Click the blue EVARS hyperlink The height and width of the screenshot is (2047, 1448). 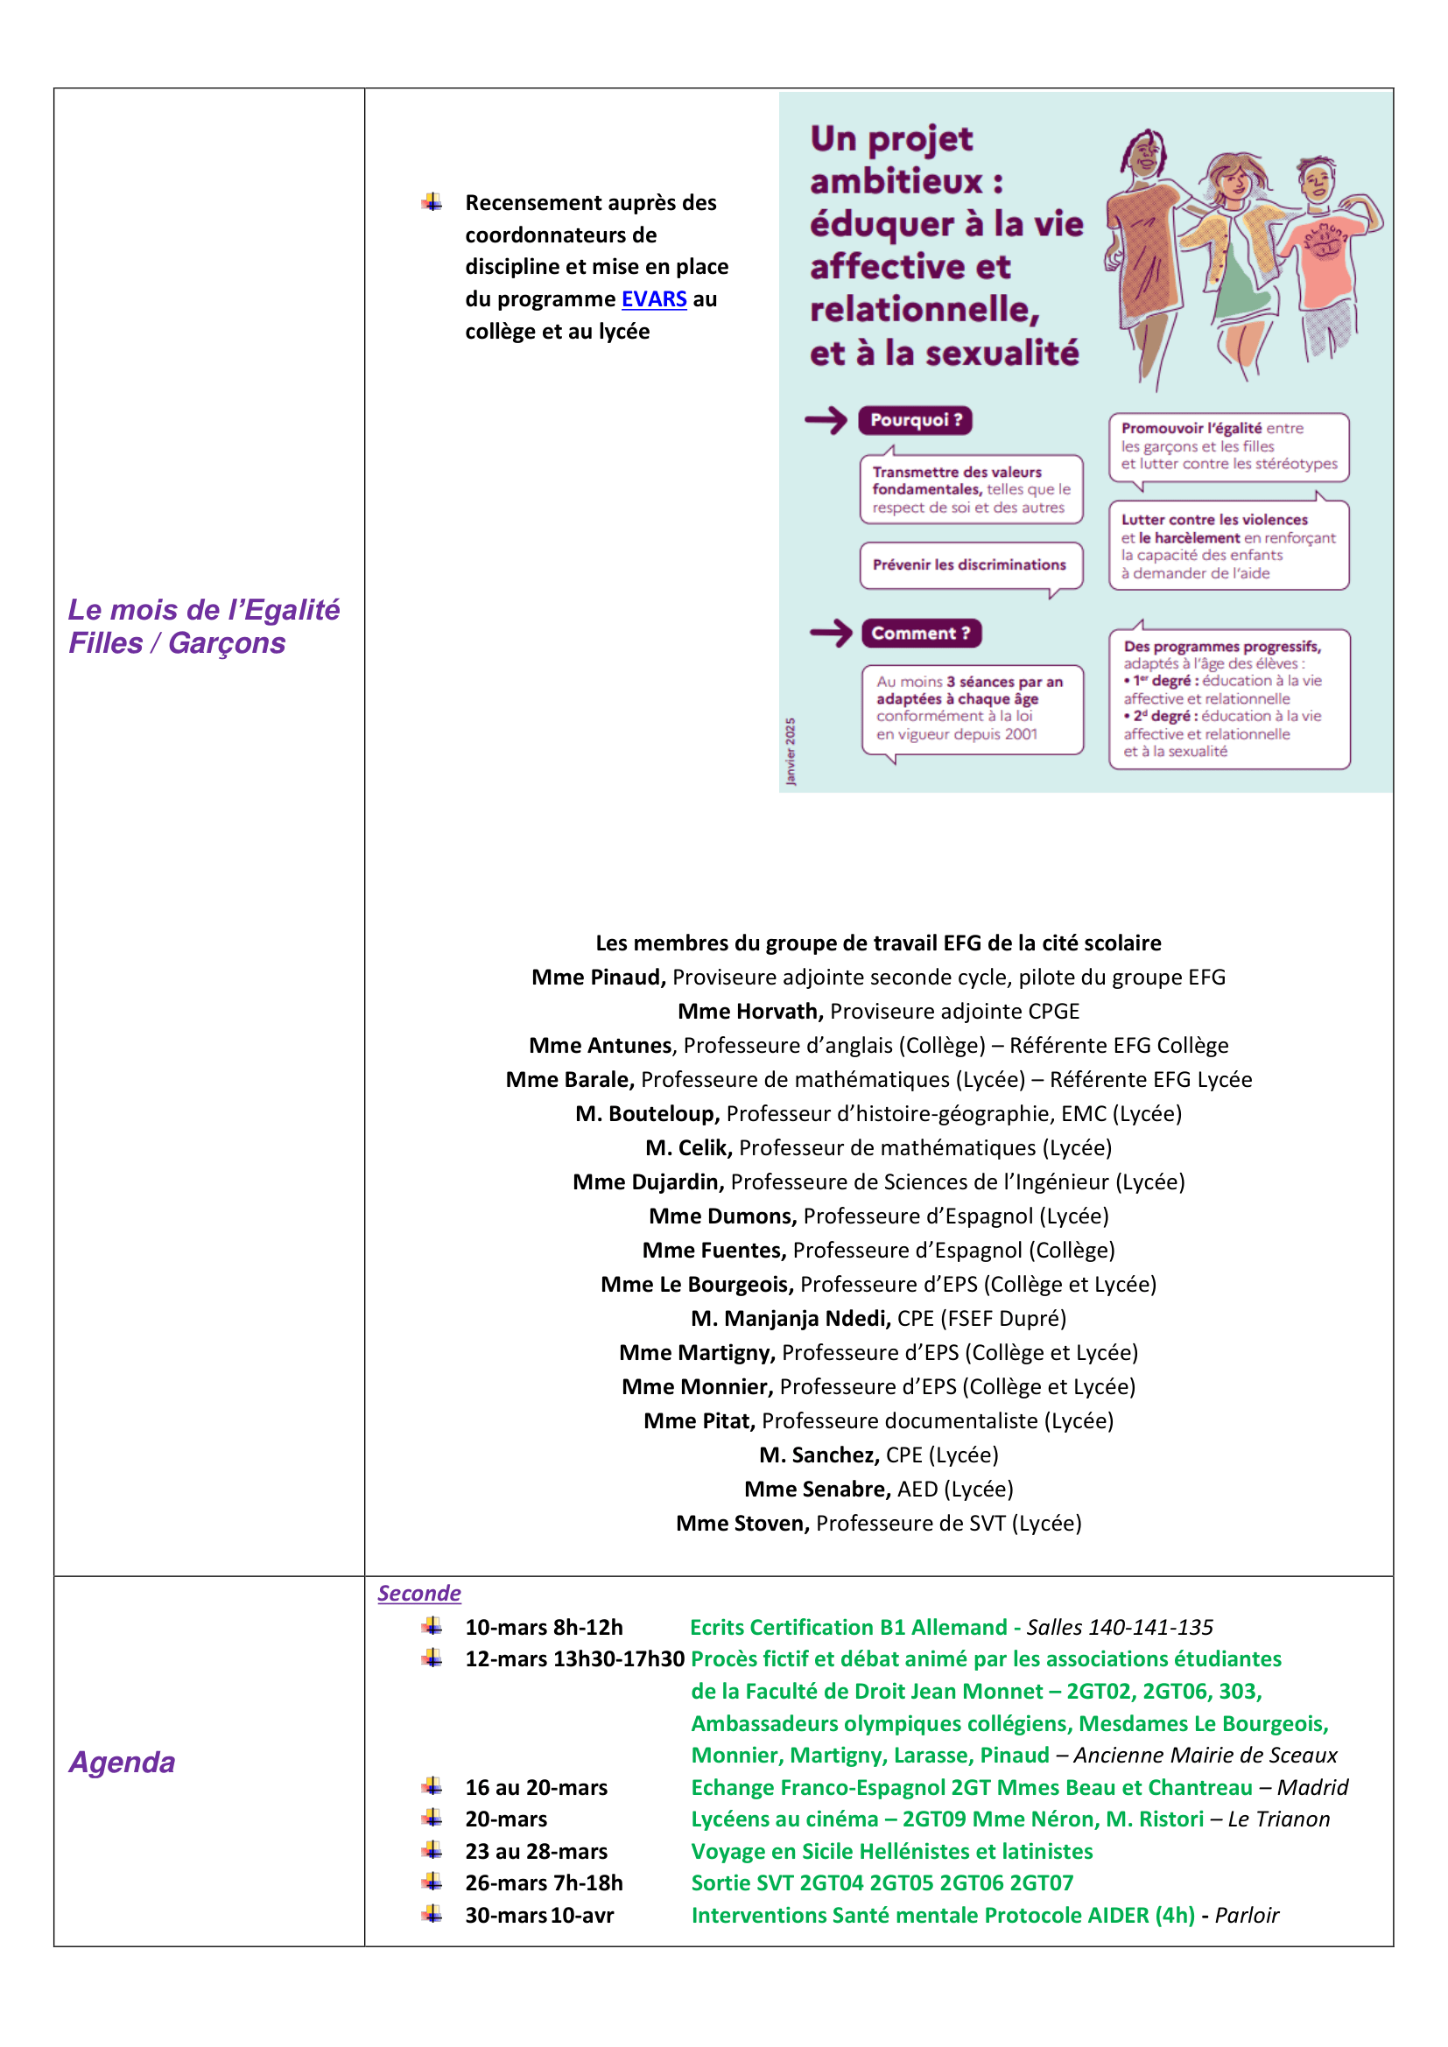click(x=654, y=299)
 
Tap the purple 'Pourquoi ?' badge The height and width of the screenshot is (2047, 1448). click(x=915, y=420)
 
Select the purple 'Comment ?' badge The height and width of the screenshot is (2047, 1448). click(x=920, y=633)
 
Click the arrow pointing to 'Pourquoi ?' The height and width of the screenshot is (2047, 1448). click(x=826, y=420)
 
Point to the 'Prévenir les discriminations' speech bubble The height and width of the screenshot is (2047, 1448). click(x=970, y=565)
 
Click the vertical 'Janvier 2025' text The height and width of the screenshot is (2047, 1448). click(x=790, y=752)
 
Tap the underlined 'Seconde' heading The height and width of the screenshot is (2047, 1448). click(x=418, y=1593)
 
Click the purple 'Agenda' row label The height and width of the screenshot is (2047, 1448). click(x=123, y=1763)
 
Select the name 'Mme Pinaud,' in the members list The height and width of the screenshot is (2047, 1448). click(x=598, y=978)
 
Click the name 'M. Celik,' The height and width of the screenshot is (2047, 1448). click(x=688, y=1147)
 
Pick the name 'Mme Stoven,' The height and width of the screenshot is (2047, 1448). click(x=742, y=1523)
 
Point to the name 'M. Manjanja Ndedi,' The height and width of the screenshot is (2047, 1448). click(x=790, y=1319)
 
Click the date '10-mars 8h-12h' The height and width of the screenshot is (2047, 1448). click(x=544, y=1627)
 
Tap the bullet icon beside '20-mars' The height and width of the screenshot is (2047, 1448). click(x=432, y=1818)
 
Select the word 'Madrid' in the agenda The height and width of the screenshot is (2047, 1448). click(x=1311, y=1788)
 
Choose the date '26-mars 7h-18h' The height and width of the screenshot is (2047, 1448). click(x=544, y=1883)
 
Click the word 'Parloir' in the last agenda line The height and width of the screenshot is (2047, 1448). click(x=1247, y=1915)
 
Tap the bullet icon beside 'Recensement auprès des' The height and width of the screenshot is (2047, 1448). click(x=432, y=202)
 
